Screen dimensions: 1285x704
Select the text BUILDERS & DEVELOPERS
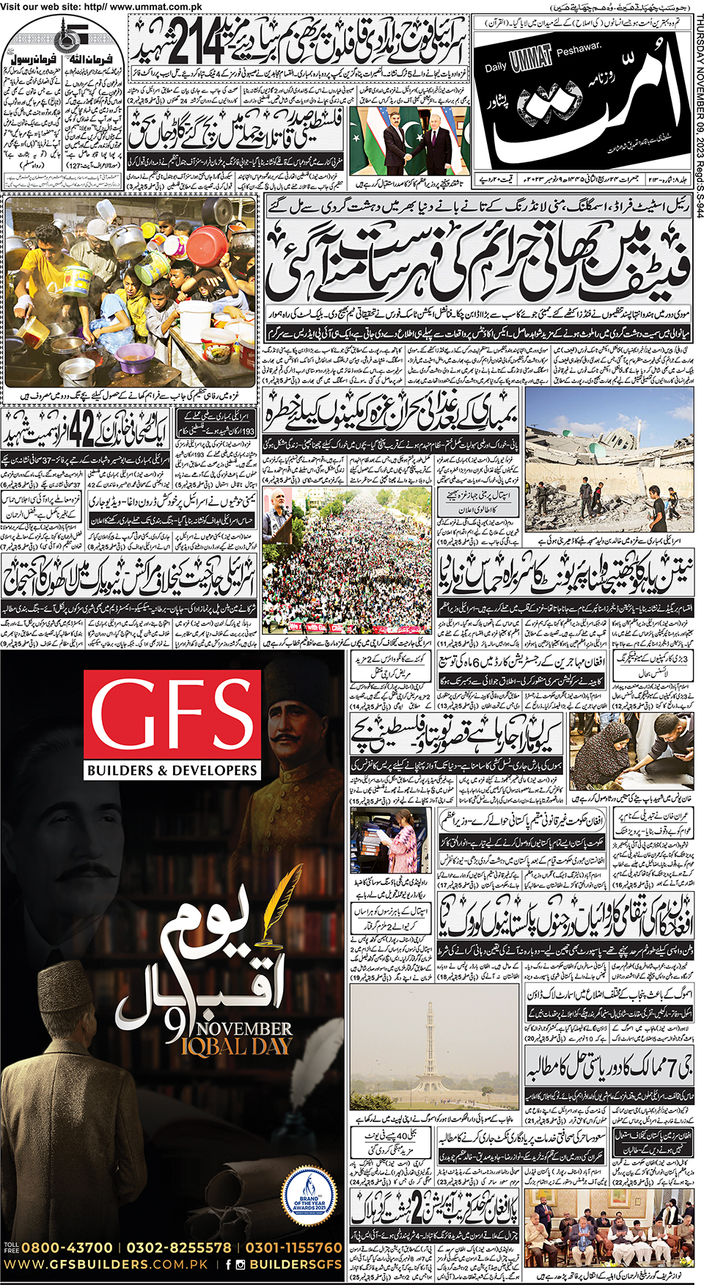click(x=172, y=771)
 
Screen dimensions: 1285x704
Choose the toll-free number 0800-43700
click(x=67, y=1248)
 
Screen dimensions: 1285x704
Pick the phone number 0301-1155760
click(x=293, y=1248)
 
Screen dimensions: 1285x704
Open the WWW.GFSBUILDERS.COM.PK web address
click(x=106, y=1264)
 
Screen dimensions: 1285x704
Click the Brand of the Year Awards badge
click(x=309, y=1195)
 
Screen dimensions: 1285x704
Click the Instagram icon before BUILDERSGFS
click(x=241, y=1264)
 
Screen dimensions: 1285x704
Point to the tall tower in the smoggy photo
click(x=430, y=1049)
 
